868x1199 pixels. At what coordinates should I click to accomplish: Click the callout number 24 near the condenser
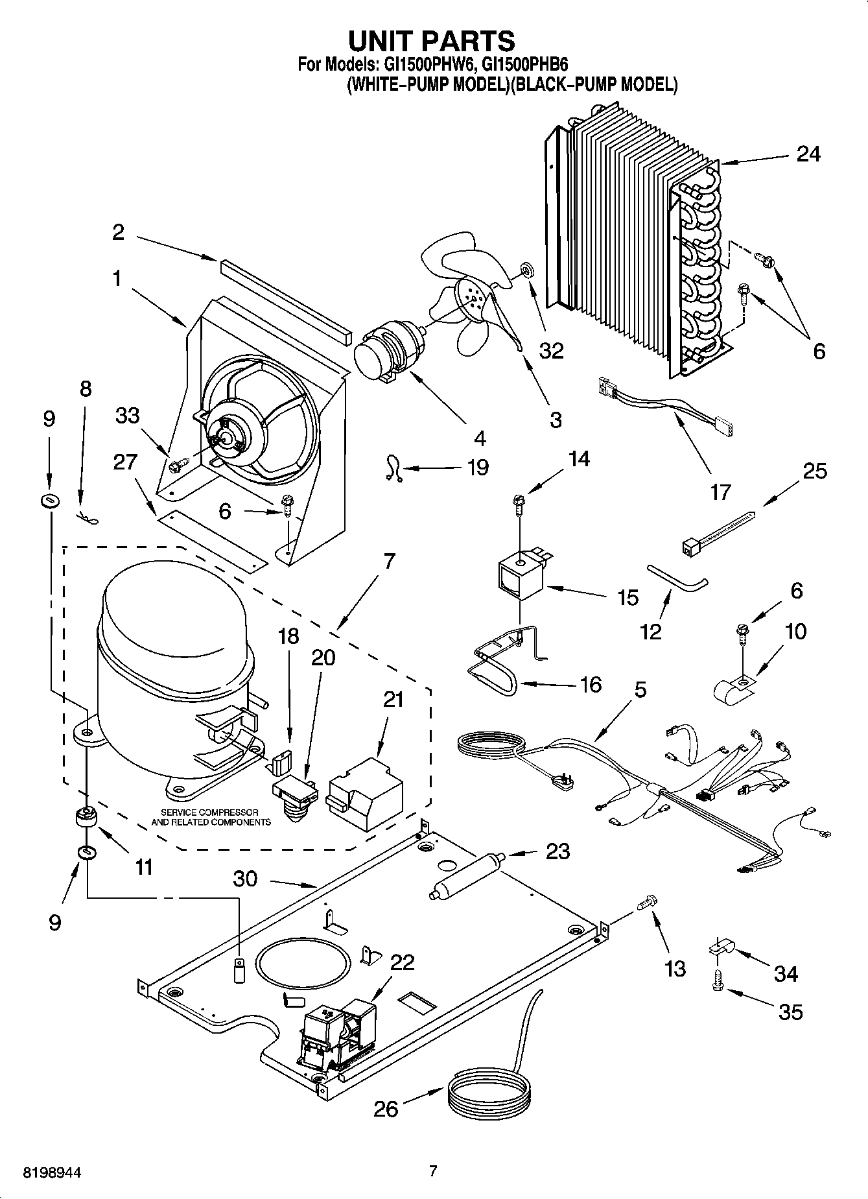pyautogui.click(x=808, y=154)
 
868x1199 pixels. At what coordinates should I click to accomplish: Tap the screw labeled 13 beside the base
pyautogui.click(x=648, y=901)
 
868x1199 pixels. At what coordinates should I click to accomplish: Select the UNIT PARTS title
pyautogui.click(x=432, y=41)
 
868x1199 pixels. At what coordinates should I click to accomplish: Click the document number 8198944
pyautogui.click(x=53, y=1172)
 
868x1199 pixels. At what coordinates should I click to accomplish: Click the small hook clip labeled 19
pyautogui.click(x=391, y=468)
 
